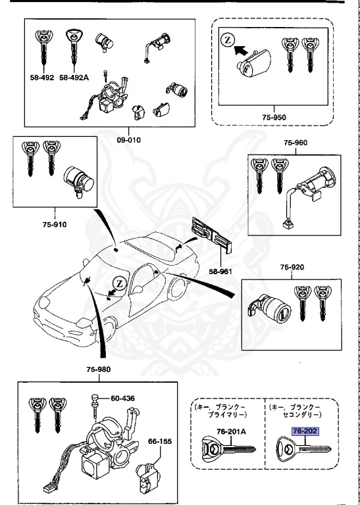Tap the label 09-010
(130, 140)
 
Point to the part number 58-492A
(73, 78)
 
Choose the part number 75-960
(296, 143)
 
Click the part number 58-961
(223, 270)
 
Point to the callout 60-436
(122, 398)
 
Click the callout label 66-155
(159, 441)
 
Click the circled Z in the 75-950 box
(227, 40)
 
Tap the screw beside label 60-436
(95, 403)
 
